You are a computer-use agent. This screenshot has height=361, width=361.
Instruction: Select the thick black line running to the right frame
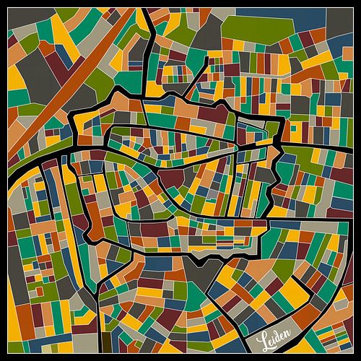point(318,142)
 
